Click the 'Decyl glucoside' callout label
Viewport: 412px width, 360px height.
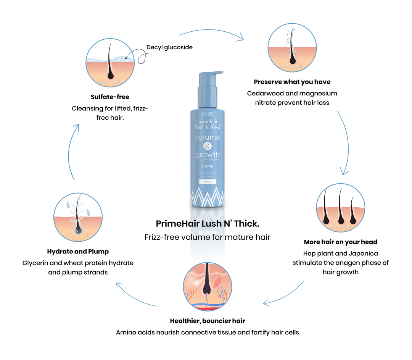(x=169, y=47)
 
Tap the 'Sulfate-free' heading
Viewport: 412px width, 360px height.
(x=110, y=97)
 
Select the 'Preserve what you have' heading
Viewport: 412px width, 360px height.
(x=292, y=82)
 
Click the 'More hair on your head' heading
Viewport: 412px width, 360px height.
(x=340, y=242)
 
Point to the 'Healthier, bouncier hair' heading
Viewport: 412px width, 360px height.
(x=208, y=321)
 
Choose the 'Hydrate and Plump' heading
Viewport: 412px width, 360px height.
(x=78, y=251)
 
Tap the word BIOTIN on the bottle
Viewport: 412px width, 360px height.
(x=207, y=166)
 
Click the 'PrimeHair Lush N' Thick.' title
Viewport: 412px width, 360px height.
(x=208, y=223)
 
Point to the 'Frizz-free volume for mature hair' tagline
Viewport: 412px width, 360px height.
(x=208, y=237)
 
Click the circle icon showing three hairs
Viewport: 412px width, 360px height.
(x=341, y=208)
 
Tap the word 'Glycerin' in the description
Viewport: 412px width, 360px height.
(x=36, y=263)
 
